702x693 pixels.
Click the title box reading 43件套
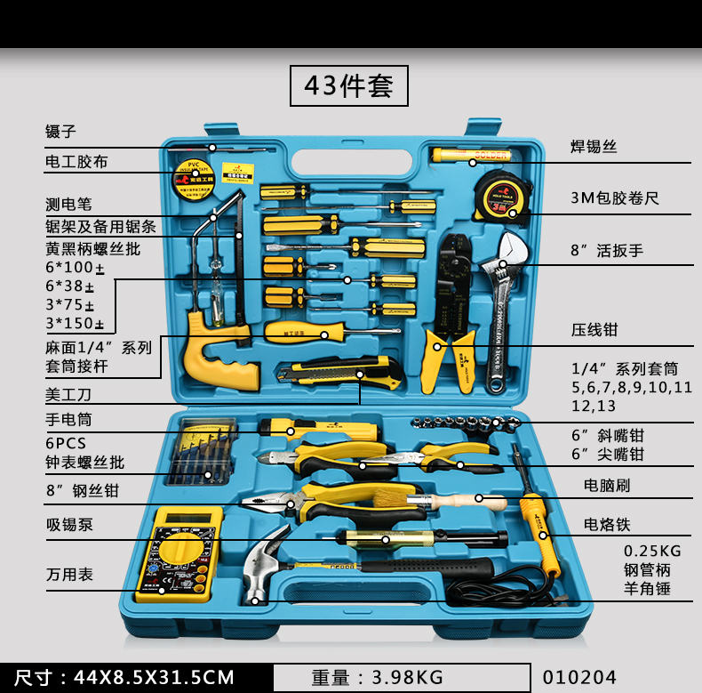(349, 86)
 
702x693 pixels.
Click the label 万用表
(69, 575)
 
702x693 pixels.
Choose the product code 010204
(578, 678)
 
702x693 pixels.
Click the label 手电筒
(68, 419)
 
